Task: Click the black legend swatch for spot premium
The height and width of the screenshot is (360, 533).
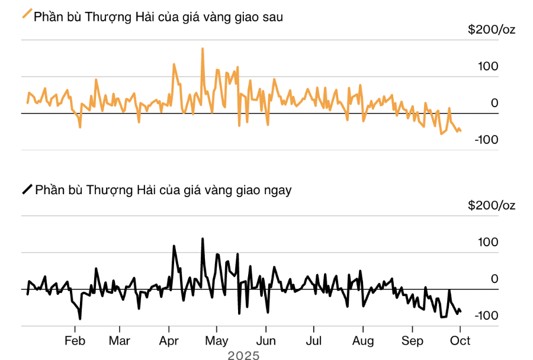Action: pyautogui.click(x=27, y=189)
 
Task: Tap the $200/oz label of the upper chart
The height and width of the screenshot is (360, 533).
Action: pyautogui.click(x=491, y=30)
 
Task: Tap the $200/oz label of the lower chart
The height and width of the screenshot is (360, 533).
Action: pyautogui.click(x=491, y=205)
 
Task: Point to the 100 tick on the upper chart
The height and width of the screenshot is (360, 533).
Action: pyautogui.click(x=489, y=66)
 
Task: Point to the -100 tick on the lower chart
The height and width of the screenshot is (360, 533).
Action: pyautogui.click(x=486, y=316)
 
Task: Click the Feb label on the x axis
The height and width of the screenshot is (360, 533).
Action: pyautogui.click(x=75, y=341)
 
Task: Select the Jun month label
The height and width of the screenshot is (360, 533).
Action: pyautogui.click(x=266, y=341)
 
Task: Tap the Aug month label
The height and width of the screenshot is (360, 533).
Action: pyautogui.click(x=362, y=341)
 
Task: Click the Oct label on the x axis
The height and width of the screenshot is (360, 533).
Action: pyautogui.click(x=460, y=341)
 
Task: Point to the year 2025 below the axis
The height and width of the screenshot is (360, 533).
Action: pyautogui.click(x=243, y=355)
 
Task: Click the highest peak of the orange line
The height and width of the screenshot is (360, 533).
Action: pyautogui.click(x=203, y=49)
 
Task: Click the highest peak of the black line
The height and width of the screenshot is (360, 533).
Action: pyautogui.click(x=203, y=239)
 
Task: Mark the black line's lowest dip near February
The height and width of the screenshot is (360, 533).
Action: pyautogui.click(x=79, y=319)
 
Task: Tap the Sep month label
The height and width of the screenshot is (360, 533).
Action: pyautogui.click(x=412, y=341)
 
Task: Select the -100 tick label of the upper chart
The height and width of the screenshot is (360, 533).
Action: pyautogui.click(x=486, y=140)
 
